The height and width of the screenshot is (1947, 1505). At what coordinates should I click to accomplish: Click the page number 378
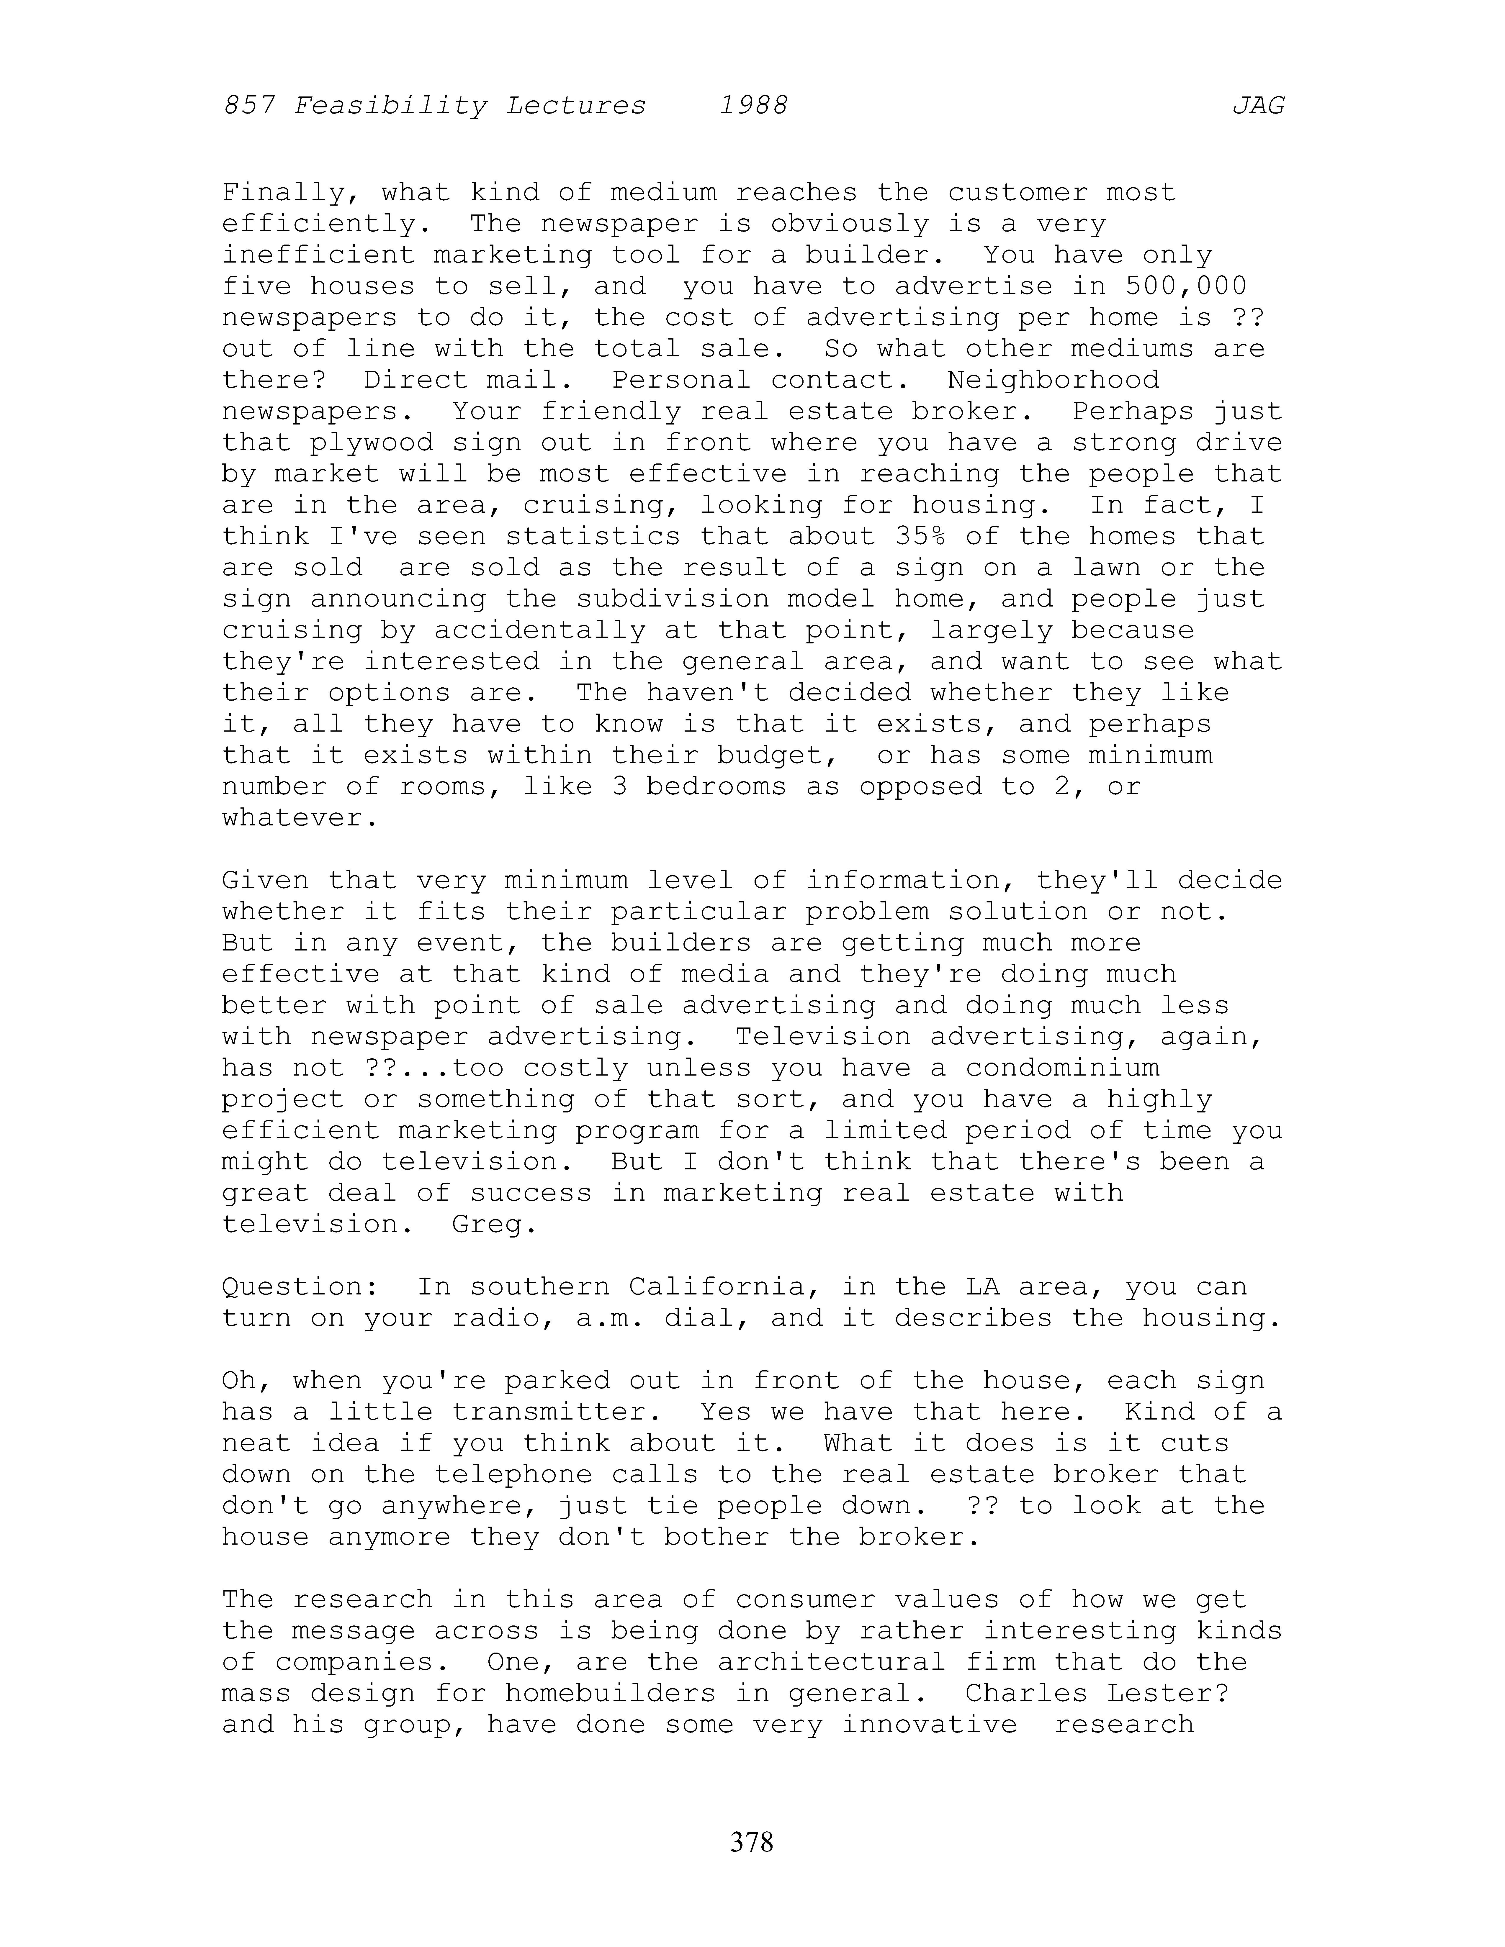(752, 1841)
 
